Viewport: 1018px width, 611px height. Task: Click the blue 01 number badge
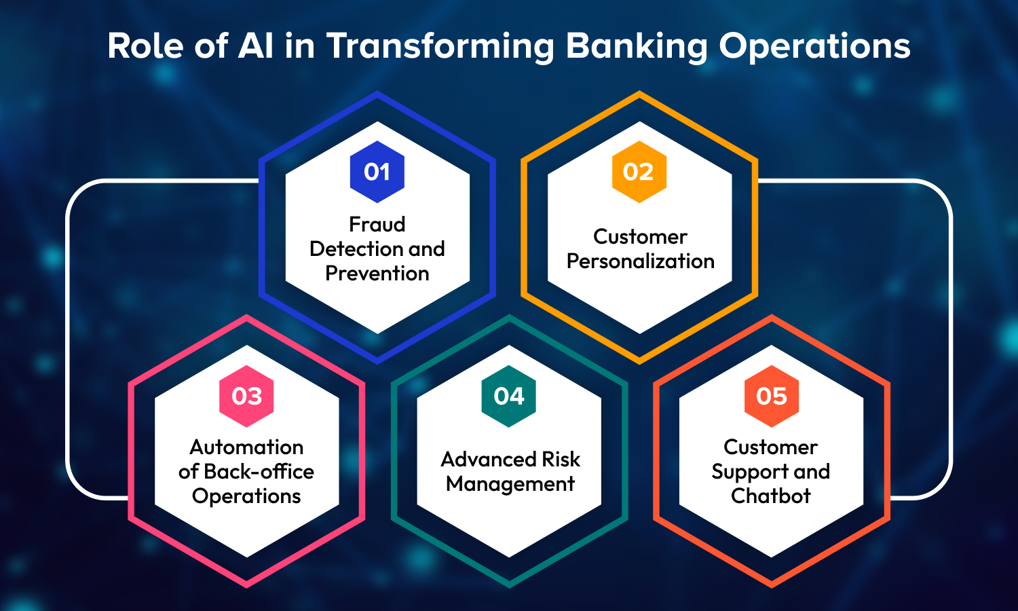[x=377, y=171]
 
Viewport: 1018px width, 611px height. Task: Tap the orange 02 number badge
[x=639, y=171]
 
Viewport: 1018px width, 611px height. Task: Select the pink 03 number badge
[x=246, y=396]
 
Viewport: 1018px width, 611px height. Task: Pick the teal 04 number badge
[x=508, y=396]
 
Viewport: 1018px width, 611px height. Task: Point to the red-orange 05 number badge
[x=771, y=396]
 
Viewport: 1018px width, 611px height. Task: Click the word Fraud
[x=377, y=224]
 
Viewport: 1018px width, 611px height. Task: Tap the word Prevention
[x=377, y=273]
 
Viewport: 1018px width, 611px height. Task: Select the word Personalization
[x=641, y=261]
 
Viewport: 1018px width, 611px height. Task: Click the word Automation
[x=246, y=447]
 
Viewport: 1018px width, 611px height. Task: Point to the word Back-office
[x=259, y=471]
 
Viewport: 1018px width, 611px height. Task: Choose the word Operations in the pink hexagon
[x=246, y=496]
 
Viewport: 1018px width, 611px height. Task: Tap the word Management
[x=510, y=483]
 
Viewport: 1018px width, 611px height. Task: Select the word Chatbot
[x=771, y=496]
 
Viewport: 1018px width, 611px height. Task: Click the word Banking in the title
[x=637, y=46]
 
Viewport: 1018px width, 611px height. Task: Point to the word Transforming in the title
[x=440, y=46]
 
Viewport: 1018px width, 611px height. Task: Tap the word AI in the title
[x=255, y=46]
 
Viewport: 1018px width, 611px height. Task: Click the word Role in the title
[x=145, y=46]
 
